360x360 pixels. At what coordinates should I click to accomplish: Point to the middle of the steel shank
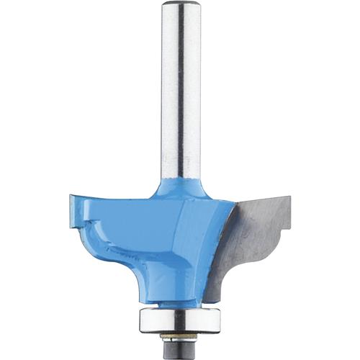click(179, 94)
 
